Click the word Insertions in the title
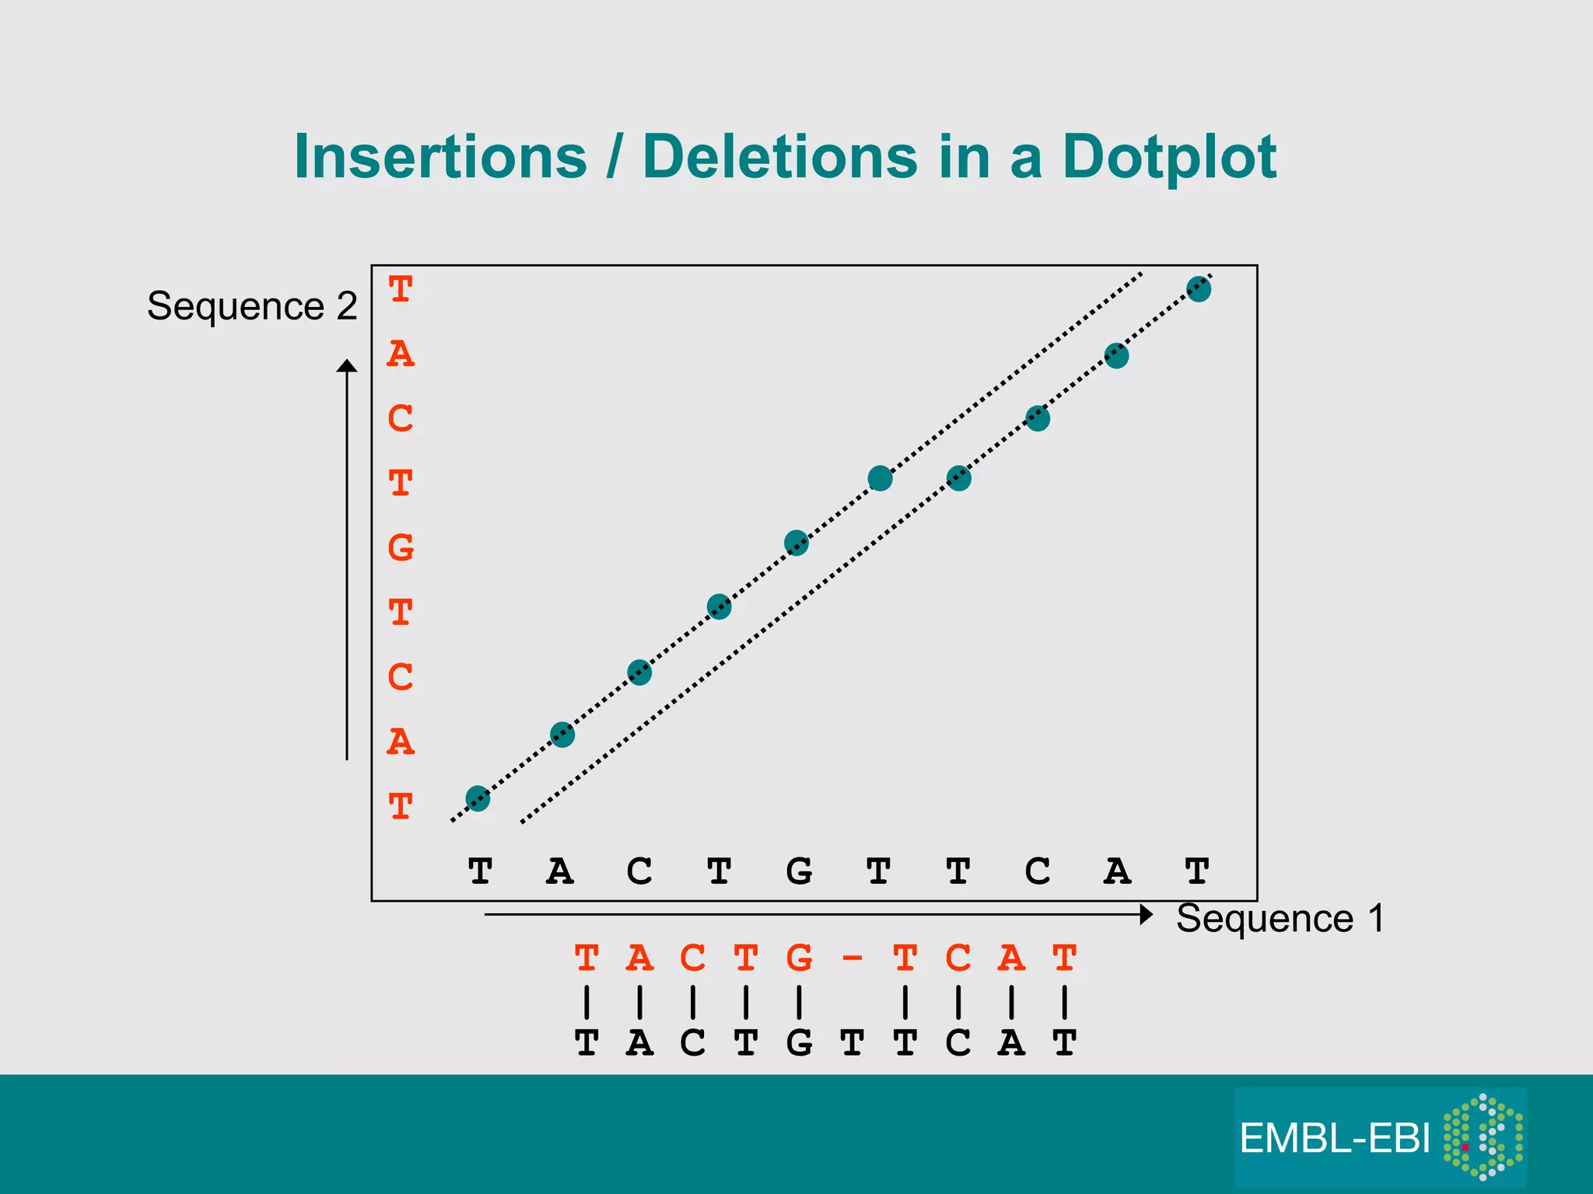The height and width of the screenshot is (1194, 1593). (x=440, y=158)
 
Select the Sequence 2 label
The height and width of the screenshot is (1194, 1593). (x=252, y=305)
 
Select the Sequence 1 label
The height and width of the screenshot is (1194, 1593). (x=1280, y=918)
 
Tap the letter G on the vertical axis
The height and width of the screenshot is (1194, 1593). (x=401, y=548)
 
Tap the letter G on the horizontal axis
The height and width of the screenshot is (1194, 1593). (x=799, y=871)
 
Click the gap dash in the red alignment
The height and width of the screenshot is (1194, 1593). (x=853, y=958)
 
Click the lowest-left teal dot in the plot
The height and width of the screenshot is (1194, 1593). (x=478, y=798)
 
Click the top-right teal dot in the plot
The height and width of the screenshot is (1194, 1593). (x=1199, y=289)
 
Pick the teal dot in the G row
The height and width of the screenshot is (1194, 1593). (x=796, y=543)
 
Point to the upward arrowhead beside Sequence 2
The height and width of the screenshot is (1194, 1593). (x=347, y=365)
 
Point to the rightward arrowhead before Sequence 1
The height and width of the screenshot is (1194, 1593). (x=1146, y=915)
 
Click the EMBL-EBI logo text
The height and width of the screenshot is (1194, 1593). (x=1334, y=1139)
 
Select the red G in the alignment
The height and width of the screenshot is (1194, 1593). (x=799, y=958)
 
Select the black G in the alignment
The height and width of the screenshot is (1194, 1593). (x=799, y=1043)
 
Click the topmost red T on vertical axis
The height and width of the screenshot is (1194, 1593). (x=401, y=290)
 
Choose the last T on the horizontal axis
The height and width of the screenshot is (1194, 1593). (x=1197, y=871)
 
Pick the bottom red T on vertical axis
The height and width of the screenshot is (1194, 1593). (x=401, y=807)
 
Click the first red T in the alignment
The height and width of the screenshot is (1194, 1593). (x=586, y=958)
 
